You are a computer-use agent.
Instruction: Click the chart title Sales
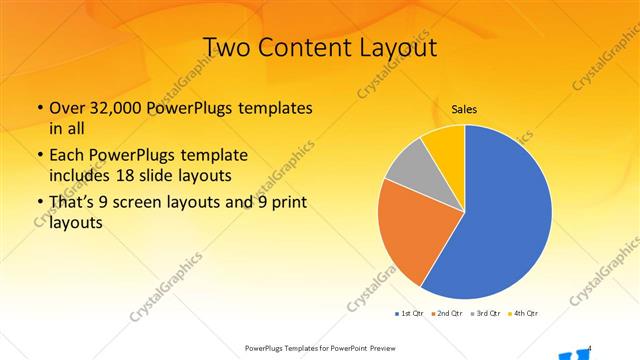tap(464, 109)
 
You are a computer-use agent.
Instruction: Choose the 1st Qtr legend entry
tap(410, 314)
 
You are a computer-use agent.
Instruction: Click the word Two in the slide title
tap(228, 47)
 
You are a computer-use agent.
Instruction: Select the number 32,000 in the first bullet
tap(122, 108)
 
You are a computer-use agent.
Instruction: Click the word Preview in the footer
tap(388, 348)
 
